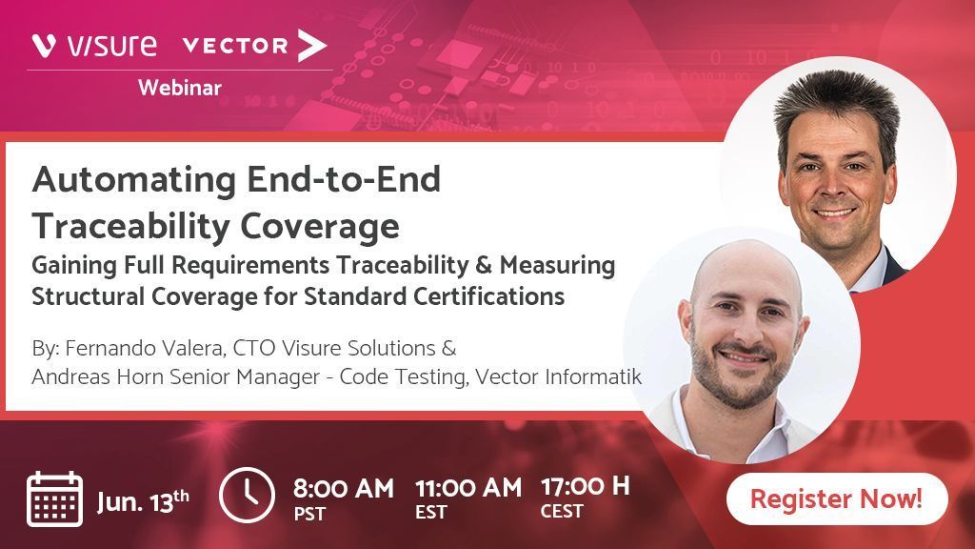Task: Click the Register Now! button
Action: coord(836,498)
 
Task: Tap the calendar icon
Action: coord(55,498)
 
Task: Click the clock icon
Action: coord(247,495)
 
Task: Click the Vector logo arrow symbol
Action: coord(311,45)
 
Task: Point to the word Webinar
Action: coord(180,88)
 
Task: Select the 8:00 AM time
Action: coord(343,488)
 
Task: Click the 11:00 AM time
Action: coord(468,488)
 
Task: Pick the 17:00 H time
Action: coord(585,486)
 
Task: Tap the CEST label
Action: coord(562,512)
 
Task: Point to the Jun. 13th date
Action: coord(143,499)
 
